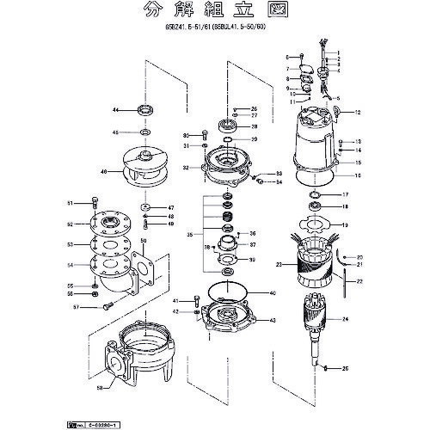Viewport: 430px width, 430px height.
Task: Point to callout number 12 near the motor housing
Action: [359, 113]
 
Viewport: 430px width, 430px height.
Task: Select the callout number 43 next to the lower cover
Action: [273, 320]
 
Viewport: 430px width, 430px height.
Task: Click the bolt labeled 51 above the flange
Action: [93, 204]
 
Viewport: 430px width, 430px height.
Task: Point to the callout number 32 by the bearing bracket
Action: [186, 169]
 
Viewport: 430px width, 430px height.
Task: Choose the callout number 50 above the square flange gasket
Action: [143, 242]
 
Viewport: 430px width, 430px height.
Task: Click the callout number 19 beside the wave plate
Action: [345, 225]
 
